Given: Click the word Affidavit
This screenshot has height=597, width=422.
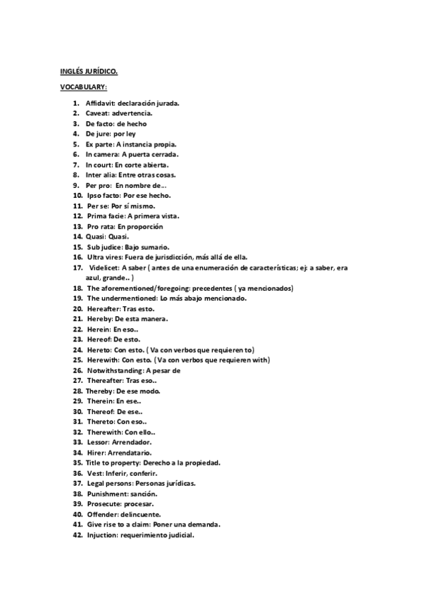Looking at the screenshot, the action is point(101,103).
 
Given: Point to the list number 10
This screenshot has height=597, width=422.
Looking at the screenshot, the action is point(77,195).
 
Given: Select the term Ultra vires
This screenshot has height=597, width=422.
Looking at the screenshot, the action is point(104,257).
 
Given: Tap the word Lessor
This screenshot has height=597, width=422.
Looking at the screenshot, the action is point(98,442).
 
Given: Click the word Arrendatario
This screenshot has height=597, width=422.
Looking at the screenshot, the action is point(130,452).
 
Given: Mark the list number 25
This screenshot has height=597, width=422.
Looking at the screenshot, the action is point(77,360).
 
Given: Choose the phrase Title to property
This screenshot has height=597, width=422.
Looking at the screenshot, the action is point(112,463).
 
